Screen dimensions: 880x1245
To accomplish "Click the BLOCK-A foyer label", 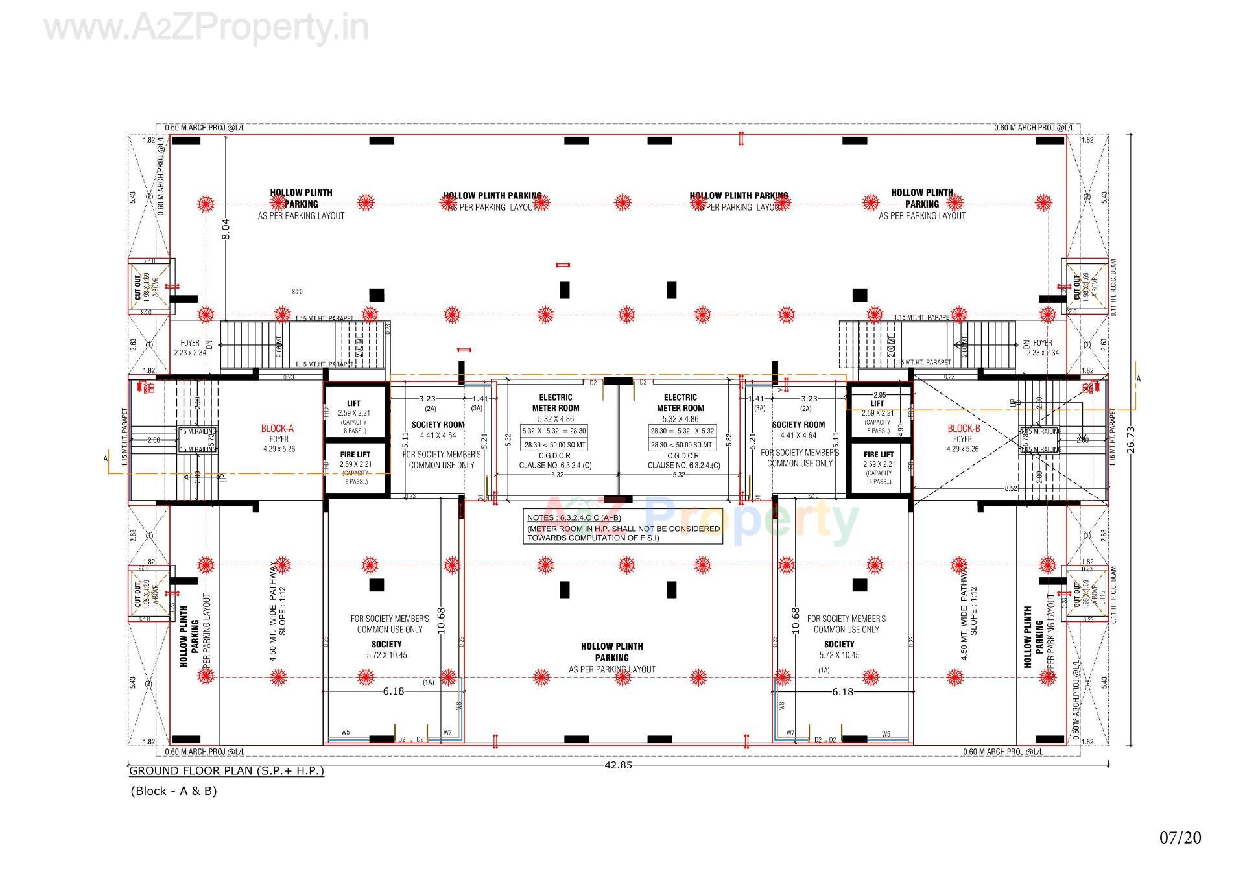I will tap(278, 429).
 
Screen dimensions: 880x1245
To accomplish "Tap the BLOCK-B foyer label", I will tap(964, 429).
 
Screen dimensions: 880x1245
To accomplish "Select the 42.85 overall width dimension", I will tap(617, 765).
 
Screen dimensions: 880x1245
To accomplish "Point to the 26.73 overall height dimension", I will tap(1132, 439).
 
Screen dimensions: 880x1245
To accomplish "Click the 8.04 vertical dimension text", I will tap(226, 229).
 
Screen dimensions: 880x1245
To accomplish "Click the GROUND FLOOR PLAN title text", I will tap(226, 771).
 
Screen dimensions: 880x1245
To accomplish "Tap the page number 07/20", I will tap(1180, 838).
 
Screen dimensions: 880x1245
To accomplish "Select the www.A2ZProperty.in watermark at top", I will tap(206, 29).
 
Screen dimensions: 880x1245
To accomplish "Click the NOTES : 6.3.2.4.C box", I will tap(622, 527).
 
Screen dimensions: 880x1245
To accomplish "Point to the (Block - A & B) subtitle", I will tap(174, 791).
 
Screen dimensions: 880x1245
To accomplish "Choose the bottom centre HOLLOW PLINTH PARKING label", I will tap(611, 652).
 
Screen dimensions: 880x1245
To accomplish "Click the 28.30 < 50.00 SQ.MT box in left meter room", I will tap(554, 445).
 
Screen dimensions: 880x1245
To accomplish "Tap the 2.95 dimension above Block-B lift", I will tap(879, 395).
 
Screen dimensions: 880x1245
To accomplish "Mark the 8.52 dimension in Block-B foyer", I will tap(1010, 488).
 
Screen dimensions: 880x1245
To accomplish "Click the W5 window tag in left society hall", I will tap(346, 733).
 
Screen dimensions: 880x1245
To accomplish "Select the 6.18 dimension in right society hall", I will tap(842, 692).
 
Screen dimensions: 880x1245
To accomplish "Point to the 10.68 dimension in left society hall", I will tap(441, 620).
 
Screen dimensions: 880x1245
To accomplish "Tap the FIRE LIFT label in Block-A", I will tap(355, 455).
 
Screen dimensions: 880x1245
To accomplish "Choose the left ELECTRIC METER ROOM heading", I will tap(556, 403).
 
